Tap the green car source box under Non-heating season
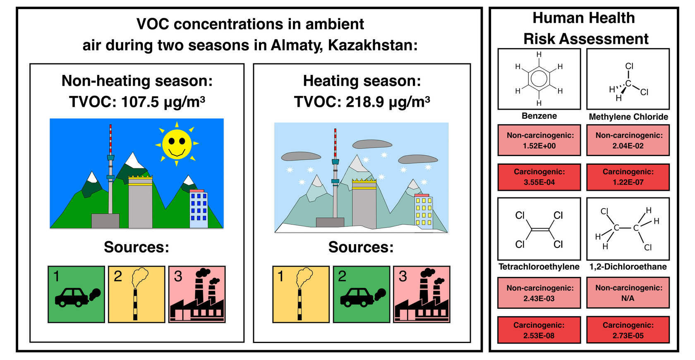(76, 294)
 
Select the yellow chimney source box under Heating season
(301, 294)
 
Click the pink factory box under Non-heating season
(197, 294)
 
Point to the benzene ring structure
(539, 79)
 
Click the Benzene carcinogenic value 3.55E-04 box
(539, 177)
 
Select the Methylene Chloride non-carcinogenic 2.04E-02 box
(628, 140)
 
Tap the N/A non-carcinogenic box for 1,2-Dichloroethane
(628, 293)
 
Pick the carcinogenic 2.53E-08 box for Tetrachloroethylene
(539, 330)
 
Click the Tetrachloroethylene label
(539, 267)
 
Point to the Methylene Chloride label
(628, 117)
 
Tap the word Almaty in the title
(297, 45)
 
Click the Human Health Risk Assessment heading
(584, 28)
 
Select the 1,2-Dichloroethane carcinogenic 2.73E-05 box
(628, 330)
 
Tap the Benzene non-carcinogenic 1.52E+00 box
(539, 140)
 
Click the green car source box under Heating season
(361, 294)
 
